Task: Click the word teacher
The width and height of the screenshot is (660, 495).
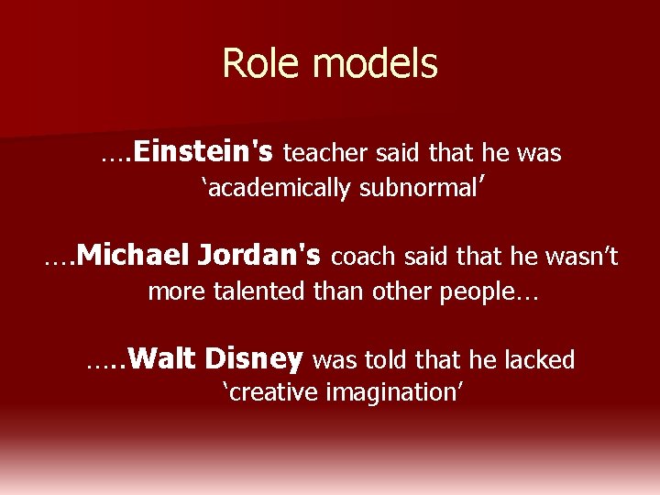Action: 329,153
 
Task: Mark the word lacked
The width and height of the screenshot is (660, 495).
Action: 542,360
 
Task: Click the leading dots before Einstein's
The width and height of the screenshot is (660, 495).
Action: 116,156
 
